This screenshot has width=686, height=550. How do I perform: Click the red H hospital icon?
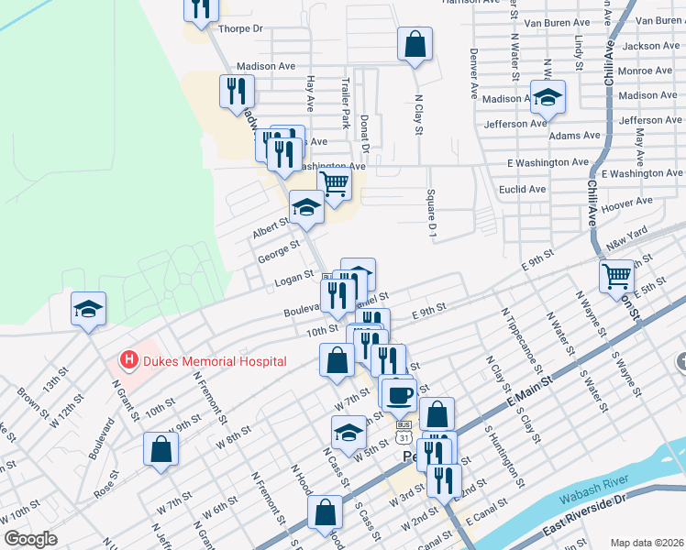click(129, 361)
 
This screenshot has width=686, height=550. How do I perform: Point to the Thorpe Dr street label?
click(239, 29)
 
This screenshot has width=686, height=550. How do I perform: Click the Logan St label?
click(294, 279)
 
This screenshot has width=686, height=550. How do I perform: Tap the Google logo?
click(31, 539)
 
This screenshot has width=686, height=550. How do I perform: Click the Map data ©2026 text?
click(647, 542)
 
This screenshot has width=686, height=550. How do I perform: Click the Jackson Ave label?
click(650, 46)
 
